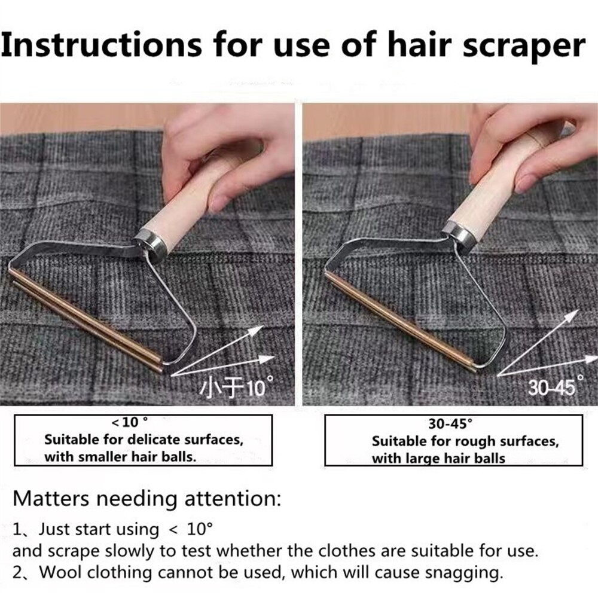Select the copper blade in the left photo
[x=84, y=323]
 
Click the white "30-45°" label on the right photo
[x=552, y=387]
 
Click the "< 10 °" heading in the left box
[x=133, y=422]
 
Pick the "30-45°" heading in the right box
[x=450, y=424]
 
